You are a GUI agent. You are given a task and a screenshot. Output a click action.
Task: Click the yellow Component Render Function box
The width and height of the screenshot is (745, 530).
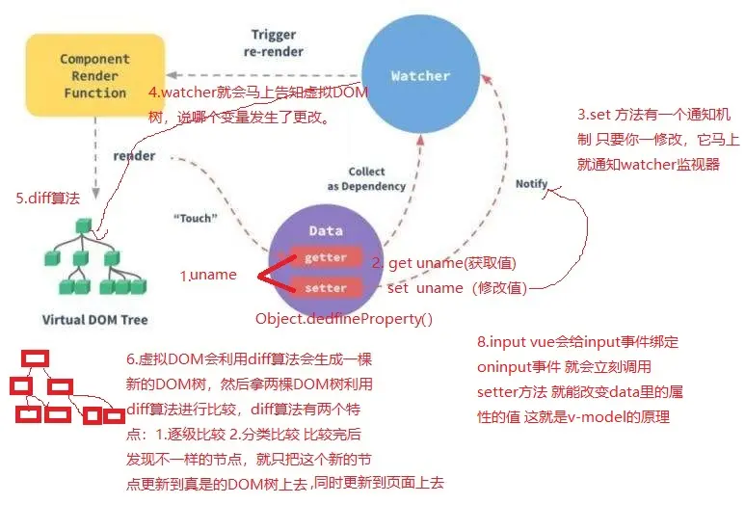(x=95, y=75)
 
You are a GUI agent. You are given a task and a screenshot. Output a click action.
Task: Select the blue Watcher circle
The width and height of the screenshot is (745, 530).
(x=421, y=74)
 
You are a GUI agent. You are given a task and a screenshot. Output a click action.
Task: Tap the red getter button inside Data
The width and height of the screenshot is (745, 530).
(x=326, y=257)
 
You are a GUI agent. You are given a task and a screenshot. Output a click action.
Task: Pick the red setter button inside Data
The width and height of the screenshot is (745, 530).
(x=326, y=288)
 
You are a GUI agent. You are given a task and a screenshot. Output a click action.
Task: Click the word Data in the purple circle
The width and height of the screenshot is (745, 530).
(x=326, y=231)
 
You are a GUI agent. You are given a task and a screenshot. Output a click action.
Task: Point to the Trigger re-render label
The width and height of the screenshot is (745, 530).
(x=274, y=42)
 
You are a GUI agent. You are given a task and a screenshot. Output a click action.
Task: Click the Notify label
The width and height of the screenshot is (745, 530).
(x=532, y=183)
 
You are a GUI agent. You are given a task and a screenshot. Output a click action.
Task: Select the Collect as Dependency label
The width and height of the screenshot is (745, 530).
(x=366, y=178)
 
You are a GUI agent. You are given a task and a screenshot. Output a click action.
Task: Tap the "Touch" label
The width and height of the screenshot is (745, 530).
(x=196, y=218)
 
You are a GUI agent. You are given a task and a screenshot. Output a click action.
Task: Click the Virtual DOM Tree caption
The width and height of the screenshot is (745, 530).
(x=95, y=320)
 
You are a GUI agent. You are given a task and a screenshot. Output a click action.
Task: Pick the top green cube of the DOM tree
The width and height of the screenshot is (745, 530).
(x=84, y=225)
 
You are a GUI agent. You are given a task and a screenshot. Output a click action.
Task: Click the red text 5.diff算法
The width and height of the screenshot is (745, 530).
(x=47, y=198)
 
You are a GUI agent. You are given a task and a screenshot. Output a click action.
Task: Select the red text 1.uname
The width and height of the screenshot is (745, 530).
(x=208, y=275)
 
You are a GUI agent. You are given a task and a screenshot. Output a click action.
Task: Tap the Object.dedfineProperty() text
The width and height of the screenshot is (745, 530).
(x=344, y=319)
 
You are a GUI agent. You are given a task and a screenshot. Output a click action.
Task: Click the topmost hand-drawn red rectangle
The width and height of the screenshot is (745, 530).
(x=35, y=358)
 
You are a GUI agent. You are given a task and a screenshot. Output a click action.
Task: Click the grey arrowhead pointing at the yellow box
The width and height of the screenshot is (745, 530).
(x=172, y=75)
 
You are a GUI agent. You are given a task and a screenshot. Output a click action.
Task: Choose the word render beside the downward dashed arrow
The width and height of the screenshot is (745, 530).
(x=135, y=156)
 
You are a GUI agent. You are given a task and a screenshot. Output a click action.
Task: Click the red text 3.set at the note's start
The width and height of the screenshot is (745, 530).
(x=594, y=115)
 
